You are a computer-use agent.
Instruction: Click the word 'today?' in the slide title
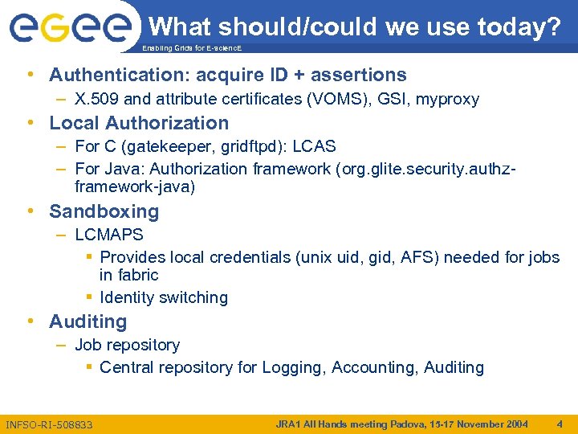tap(519, 27)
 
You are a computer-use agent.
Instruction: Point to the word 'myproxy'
tap(447, 100)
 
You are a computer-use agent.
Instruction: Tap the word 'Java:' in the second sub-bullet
tap(124, 169)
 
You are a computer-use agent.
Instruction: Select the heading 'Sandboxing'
tap(104, 212)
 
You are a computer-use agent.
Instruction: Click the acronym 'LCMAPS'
tap(109, 235)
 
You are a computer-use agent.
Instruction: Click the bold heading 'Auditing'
tap(88, 322)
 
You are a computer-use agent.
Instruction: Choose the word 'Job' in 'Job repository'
tap(88, 346)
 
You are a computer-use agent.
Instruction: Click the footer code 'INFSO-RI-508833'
tap(49, 424)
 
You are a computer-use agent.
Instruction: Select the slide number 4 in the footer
tap(560, 424)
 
